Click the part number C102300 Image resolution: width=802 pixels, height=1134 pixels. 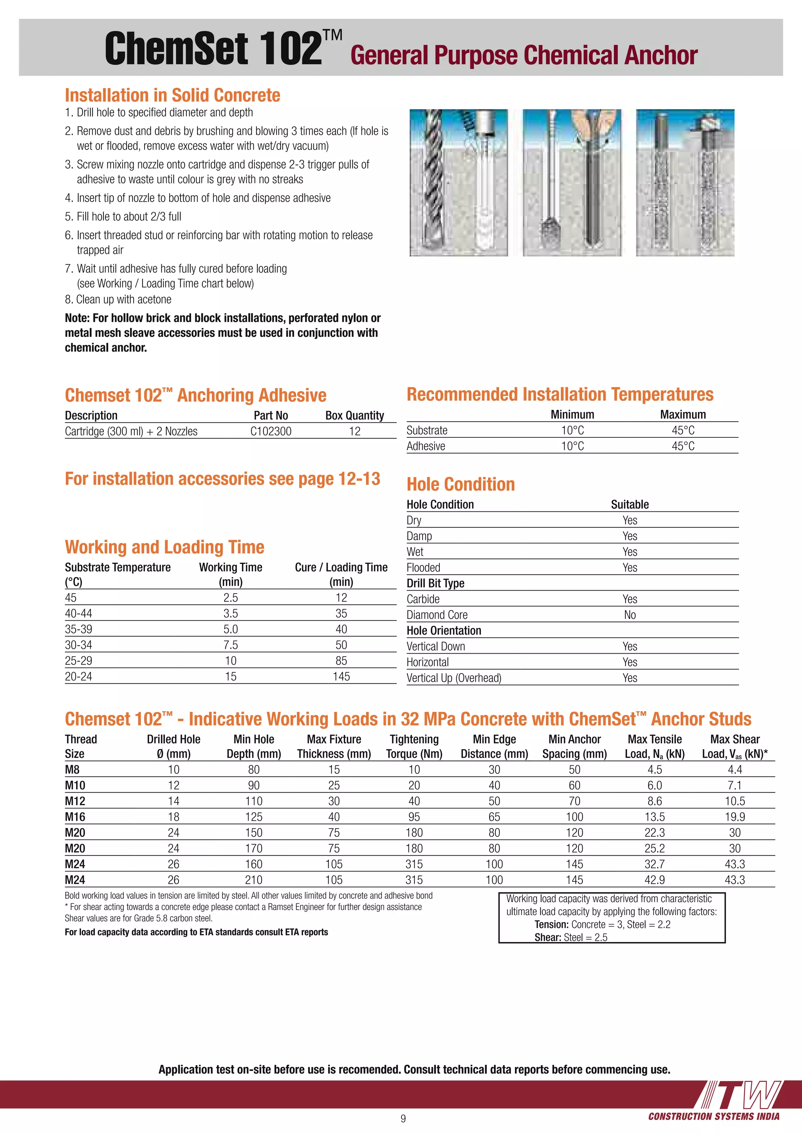pos(271,431)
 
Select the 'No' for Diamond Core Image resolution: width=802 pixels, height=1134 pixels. pos(630,615)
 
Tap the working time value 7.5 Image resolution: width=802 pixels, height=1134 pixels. pos(231,645)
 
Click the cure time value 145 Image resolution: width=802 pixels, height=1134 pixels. pos(341,677)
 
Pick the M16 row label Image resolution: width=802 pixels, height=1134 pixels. pos(75,817)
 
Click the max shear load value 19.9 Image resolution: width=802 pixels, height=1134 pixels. pos(734,817)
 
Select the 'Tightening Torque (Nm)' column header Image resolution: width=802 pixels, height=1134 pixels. pos(414,746)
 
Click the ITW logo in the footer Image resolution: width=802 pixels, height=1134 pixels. pos(741,1095)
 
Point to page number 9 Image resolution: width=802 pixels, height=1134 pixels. pos(403,1118)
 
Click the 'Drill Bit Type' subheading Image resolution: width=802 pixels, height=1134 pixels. pos(435,583)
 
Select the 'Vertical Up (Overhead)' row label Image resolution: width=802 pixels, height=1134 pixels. pos(453,678)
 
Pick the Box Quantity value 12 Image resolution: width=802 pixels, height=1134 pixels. pos(354,431)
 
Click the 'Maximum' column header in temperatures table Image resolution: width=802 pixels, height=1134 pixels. pos(683,414)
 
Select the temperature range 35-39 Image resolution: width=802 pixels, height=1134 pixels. pos(79,629)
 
